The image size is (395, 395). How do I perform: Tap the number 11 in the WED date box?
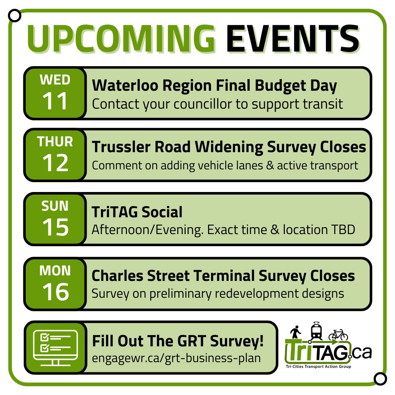[55, 101]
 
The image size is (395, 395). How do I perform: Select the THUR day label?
[55, 141]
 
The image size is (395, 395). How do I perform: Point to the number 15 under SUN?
[55, 227]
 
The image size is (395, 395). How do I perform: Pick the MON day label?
[55, 271]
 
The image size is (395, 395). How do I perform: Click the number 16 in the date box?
[56, 291]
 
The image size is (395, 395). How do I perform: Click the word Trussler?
[121, 147]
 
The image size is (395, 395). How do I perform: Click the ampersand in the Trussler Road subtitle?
[270, 166]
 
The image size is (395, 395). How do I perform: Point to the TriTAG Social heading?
[137, 212]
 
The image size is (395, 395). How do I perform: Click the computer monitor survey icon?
[56, 348]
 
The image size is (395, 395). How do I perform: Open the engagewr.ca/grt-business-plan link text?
[176, 358]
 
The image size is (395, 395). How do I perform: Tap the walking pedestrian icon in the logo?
[295, 332]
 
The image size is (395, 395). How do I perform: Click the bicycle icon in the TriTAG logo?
[338, 335]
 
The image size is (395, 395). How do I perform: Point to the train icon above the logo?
[316, 331]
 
